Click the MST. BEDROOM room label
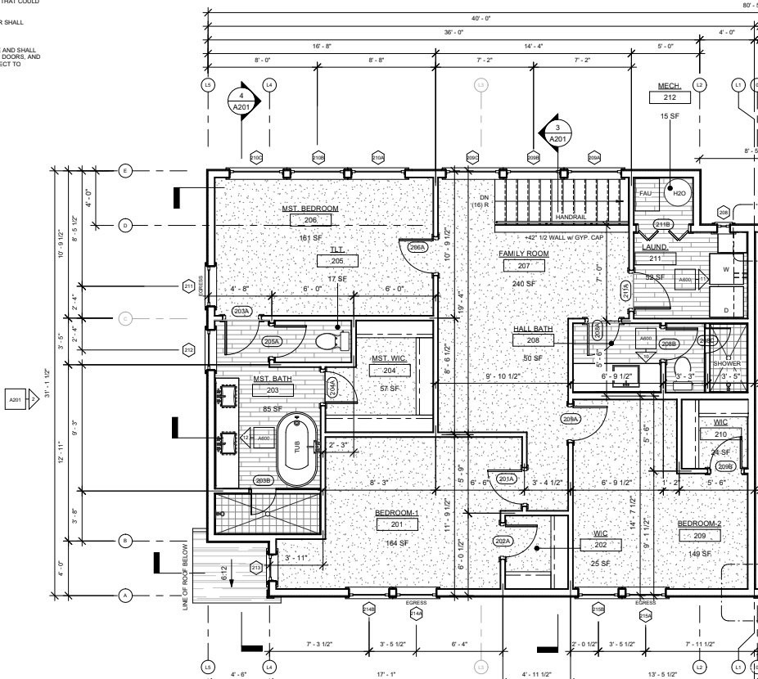click(310, 209)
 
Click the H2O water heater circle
click(678, 194)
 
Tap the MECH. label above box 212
click(670, 85)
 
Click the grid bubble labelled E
click(125, 170)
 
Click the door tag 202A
click(502, 541)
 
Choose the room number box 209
click(699, 535)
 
